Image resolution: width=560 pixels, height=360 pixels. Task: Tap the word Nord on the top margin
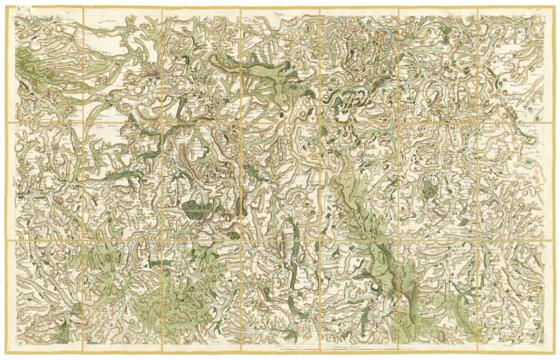pos(279,14)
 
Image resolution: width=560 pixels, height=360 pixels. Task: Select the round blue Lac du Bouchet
pos(528,162)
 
